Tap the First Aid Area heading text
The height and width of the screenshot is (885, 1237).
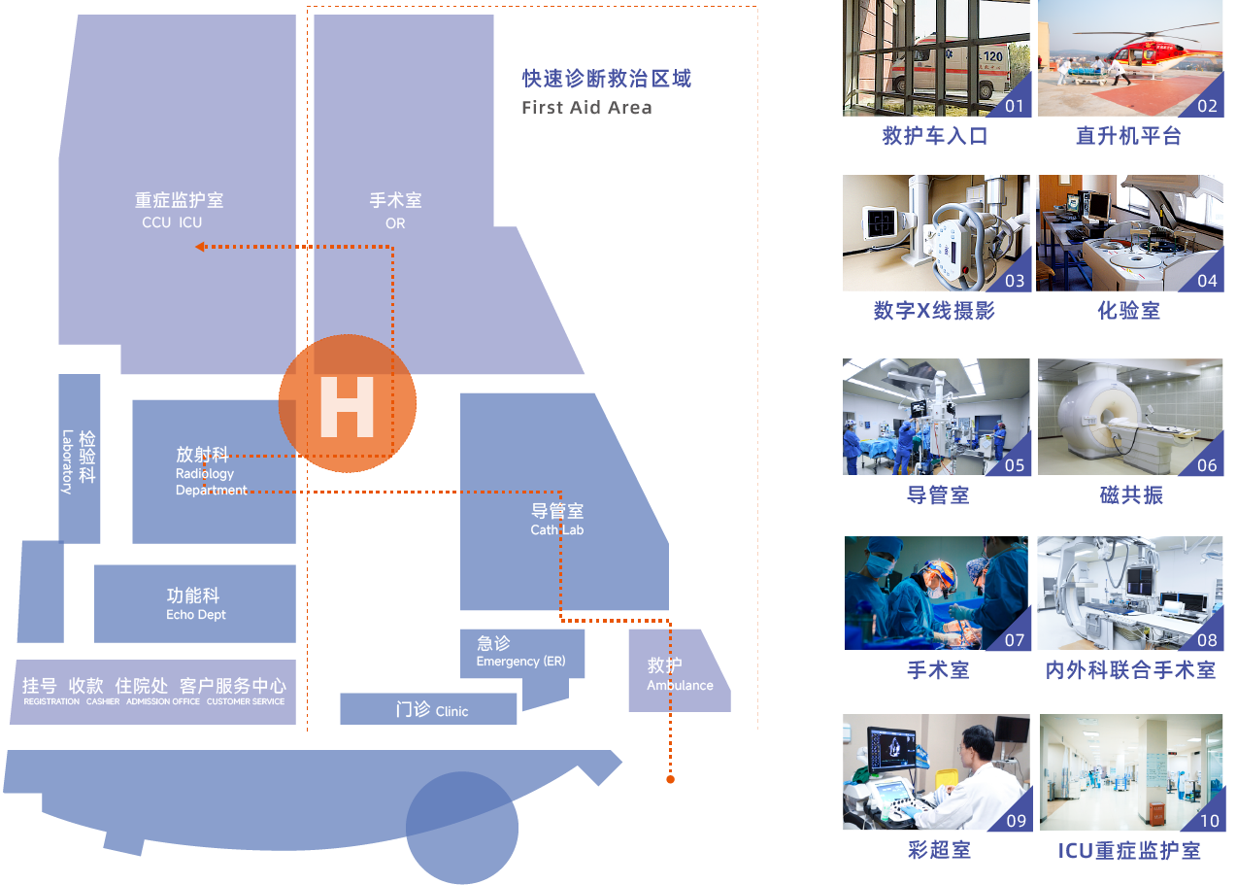pyautogui.click(x=586, y=108)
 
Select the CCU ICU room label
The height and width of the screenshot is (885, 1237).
pyautogui.click(x=172, y=222)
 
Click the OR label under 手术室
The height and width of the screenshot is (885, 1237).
pyautogui.click(x=395, y=223)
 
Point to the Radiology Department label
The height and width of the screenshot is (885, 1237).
pyautogui.click(x=211, y=482)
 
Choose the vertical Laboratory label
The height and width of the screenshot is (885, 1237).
pyautogui.click(x=67, y=461)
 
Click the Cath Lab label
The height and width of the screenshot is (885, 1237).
pyautogui.click(x=557, y=530)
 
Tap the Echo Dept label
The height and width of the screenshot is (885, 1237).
pyautogui.click(x=196, y=615)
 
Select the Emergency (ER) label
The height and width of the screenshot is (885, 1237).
pyautogui.click(x=520, y=662)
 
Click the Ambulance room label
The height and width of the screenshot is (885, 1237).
pyautogui.click(x=680, y=686)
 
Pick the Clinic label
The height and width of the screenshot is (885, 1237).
pyautogui.click(x=451, y=711)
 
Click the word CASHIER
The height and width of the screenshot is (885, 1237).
pyautogui.click(x=103, y=701)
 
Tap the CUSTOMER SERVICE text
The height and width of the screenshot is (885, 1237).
pyautogui.click(x=246, y=701)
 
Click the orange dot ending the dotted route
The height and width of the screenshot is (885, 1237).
pyautogui.click(x=669, y=779)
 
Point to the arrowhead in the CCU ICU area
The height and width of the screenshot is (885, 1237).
pyautogui.click(x=199, y=247)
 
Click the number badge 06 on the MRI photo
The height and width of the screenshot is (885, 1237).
pyautogui.click(x=1207, y=465)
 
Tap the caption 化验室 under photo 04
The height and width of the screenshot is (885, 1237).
pyautogui.click(x=1128, y=312)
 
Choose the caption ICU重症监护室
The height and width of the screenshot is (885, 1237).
pyautogui.click(x=1129, y=851)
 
